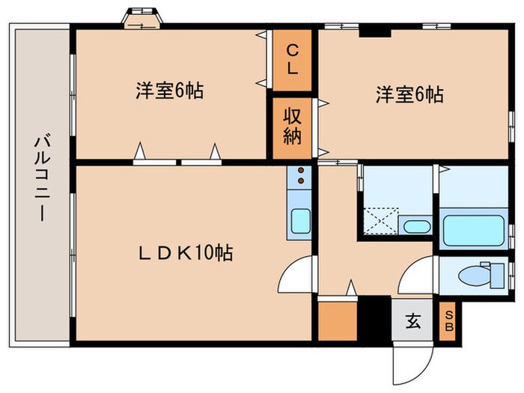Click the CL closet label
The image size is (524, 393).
pyautogui.click(x=293, y=60)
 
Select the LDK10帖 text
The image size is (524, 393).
pyautogui.click(x=186, y=253)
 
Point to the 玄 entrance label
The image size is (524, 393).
pyautogui.click(x=413, y=321)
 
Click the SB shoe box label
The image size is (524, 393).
pyautogui.click(x=449, y=321)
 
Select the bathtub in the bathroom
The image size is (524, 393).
pyautogui.click(x=473, y=231)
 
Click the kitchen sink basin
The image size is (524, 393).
pyautogui.click(x=300, y=222)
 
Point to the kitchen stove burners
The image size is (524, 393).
pyautogui.click(x=301, y=175)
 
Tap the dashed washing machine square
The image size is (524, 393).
pyautogui.click(x=382, y=221)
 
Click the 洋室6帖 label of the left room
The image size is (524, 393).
pyautogui.click(x=169, y=91)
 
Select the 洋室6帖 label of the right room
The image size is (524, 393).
pyautogui.click(x=409, y=94)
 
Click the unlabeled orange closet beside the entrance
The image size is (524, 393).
pyautogui.click(x=338, y=321)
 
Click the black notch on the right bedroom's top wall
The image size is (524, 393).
pyautogui.click(x=375, y=32)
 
